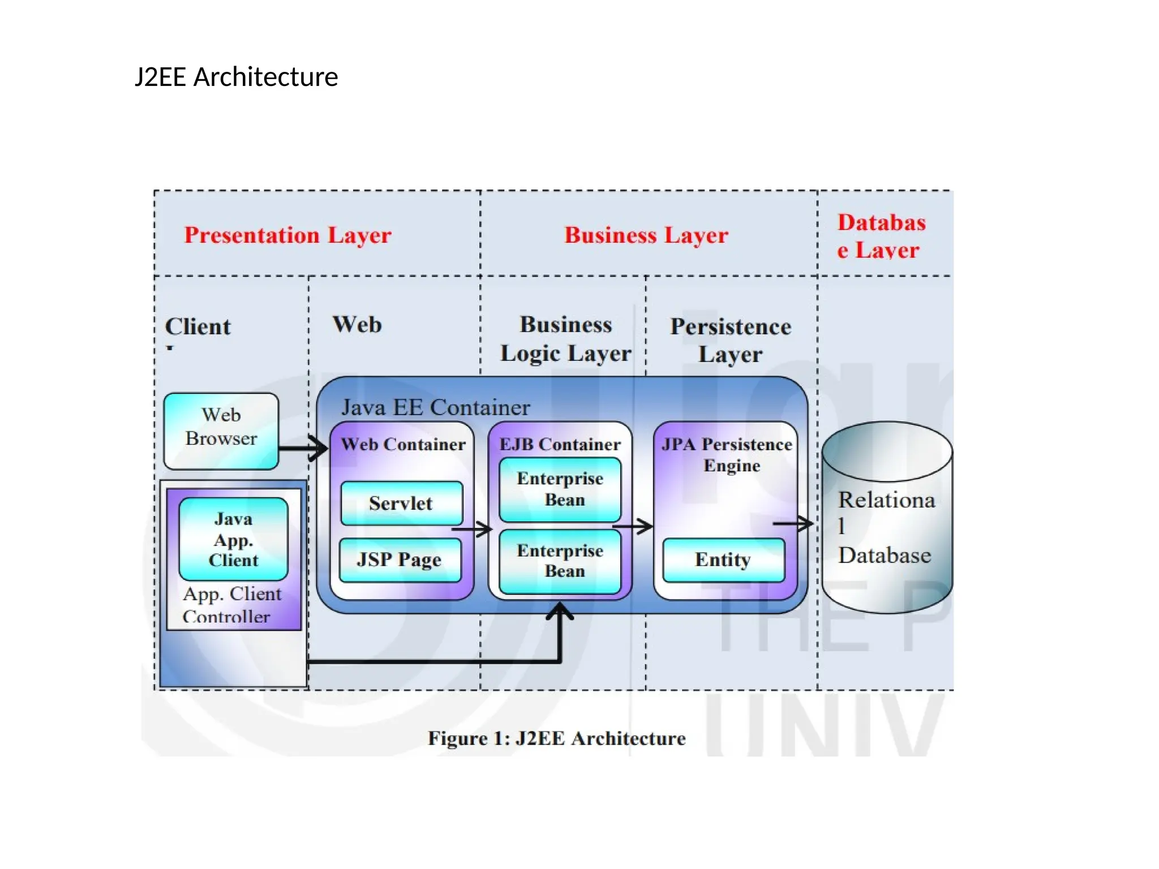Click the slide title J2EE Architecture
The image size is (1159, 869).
[236, 77]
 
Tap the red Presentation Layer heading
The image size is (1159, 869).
[287, 235]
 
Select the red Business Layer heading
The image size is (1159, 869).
[646, 235]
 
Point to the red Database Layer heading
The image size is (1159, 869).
[881, 236]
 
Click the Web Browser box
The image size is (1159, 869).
[221, 431]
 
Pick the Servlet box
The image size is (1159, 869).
[401, 503]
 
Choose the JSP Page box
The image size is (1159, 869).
[400, 560]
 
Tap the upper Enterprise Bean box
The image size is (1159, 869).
[560, 489]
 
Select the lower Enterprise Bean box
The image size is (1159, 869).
[560, 561]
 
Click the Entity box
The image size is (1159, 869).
[723, 560]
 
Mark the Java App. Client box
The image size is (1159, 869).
[233, 539]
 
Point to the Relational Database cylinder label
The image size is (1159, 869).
[885, 527]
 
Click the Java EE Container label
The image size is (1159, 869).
[435, 407]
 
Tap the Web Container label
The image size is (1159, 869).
[403, 444]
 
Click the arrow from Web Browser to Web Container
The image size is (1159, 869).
[303, 449]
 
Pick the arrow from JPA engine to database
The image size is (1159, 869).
[793, 524]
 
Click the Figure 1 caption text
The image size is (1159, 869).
[556, 738]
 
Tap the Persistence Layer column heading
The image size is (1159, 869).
[730, 340]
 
